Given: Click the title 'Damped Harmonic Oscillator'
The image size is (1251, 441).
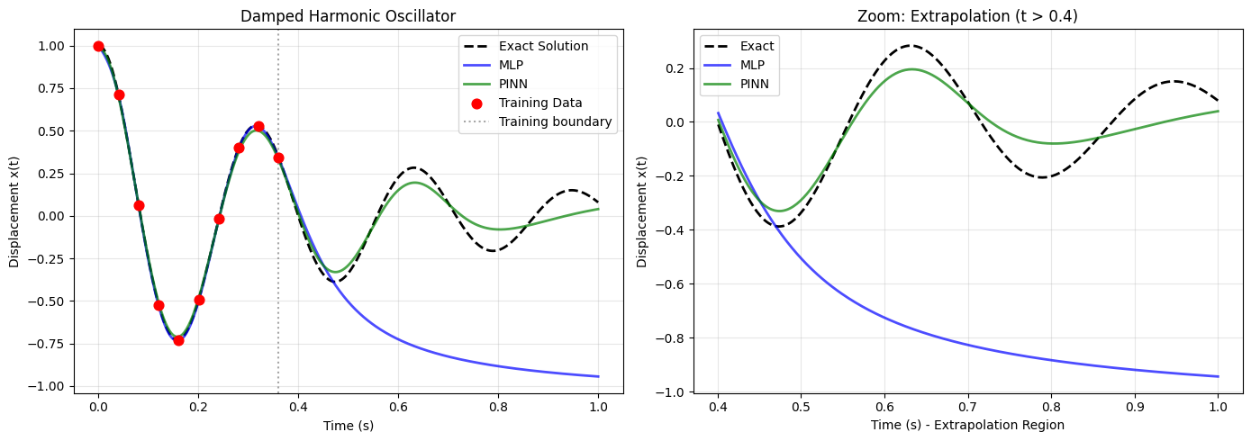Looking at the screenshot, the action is [x=348, y=16].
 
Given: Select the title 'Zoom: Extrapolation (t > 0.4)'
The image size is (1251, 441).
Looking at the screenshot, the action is [x=967, y=16].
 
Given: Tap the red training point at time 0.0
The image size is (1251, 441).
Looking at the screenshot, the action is [x=98, y=46].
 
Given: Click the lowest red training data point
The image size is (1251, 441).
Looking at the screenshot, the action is [x=178, y=340].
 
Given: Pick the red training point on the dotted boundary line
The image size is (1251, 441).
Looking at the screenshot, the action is [x=278, y=158].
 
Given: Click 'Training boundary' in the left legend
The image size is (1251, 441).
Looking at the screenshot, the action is [x=555, y=121].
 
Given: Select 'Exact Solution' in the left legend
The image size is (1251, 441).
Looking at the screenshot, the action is [x=543, y=46].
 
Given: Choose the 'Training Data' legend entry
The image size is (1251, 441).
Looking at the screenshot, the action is [x=540, y=103].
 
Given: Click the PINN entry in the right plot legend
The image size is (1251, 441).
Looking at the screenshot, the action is [x=755, y=84].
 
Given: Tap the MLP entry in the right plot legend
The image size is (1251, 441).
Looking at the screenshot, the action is [x=752, y=65].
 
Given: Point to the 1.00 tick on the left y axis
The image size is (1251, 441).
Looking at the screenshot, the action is [x=51, y=46].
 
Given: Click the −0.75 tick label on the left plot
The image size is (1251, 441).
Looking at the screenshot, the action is [x=46, y=344].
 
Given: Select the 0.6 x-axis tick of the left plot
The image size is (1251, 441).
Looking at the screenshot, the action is [x=398, y=407].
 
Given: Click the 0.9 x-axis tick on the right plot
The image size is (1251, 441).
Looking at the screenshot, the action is [x=1135, y=407].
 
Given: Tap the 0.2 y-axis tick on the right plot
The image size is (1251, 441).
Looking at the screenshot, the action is [x=675, y=68].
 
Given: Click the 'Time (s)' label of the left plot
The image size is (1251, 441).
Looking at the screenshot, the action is [x=349, y=426].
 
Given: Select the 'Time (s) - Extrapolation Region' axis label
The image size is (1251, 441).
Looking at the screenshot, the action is [x=967, y=425].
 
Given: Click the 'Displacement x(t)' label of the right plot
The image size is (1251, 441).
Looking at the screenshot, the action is [x=641, y=211].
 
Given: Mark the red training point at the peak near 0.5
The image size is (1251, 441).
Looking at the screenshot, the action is [x=258, y=127].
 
